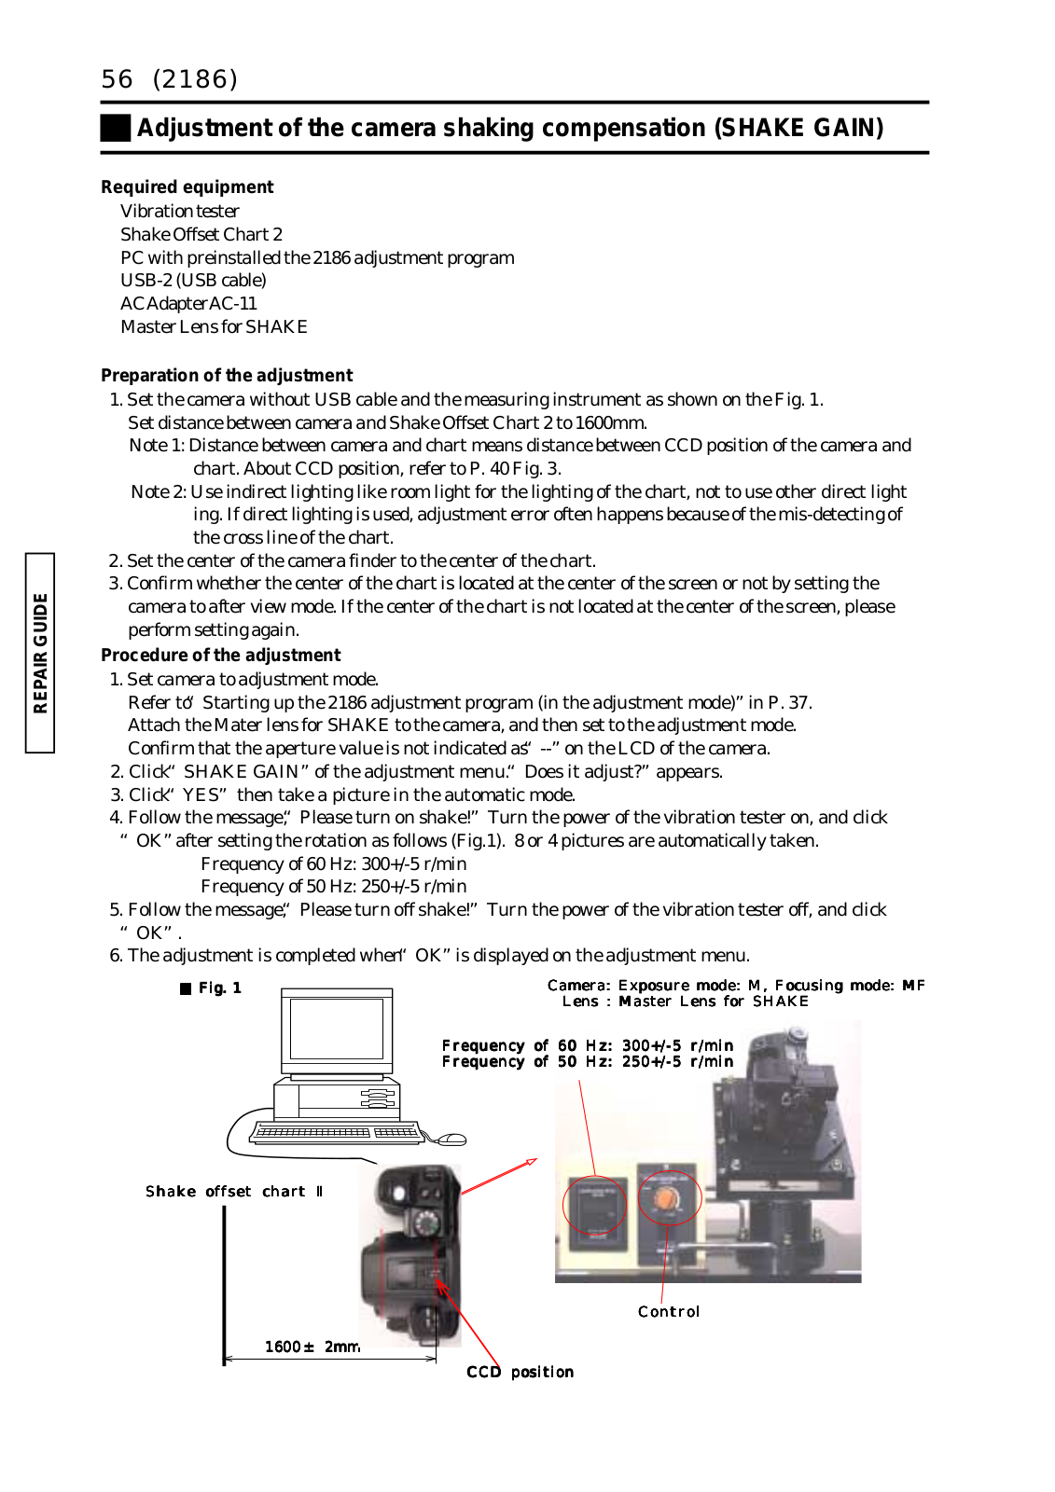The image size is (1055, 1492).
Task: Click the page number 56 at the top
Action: pos(118,79)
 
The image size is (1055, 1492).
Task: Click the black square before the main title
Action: pos(116,128)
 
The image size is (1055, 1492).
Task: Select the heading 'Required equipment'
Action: pos(187,186)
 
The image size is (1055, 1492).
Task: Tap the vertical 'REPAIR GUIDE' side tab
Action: pos(40,653)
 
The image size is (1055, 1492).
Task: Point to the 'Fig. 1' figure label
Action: pos(212,988)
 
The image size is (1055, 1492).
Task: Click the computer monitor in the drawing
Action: pos(337,1029)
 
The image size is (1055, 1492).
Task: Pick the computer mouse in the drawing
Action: pos(451,1139)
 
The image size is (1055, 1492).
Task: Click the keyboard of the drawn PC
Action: pos(336,1132)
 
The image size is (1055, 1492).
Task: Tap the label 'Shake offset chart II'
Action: pos(234,1192)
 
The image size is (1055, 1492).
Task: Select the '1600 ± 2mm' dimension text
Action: pos(312,1347)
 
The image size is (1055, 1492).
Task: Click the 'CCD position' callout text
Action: pos(520,1372)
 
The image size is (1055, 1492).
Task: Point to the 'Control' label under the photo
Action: pos(668,1311)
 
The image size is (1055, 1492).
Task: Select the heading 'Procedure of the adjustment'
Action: pos(220,655)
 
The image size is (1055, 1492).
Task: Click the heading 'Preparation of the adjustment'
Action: pos(227,375)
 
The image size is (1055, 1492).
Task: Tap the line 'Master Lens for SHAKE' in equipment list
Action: pos(214,326)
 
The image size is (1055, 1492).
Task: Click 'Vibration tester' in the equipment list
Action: pos(180,211)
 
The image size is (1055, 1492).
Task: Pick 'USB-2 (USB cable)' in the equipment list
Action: pos(193,280)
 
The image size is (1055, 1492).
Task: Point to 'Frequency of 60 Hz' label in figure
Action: pos(588,1045)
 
